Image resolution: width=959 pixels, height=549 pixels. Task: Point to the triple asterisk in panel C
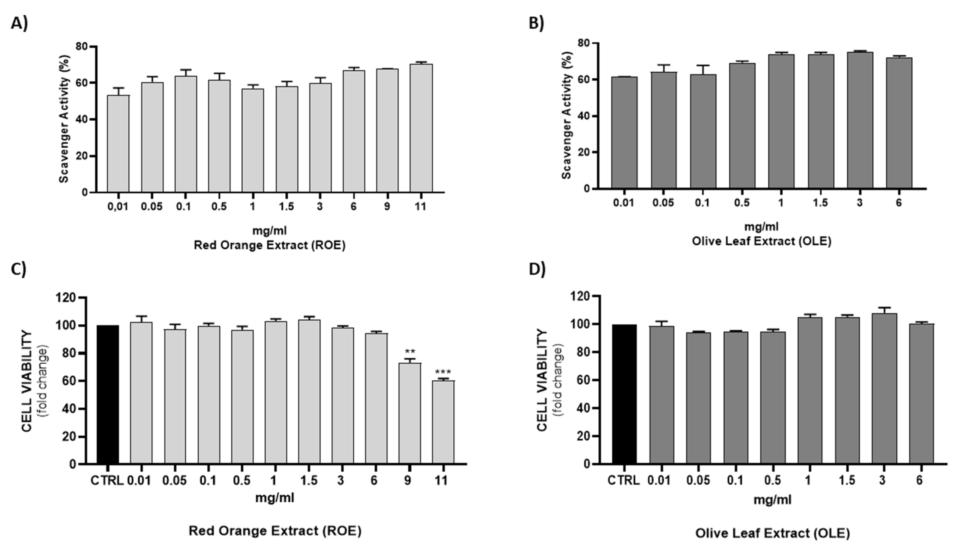click(x=443, y=372)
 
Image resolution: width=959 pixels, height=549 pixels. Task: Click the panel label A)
click(x=19, y=23)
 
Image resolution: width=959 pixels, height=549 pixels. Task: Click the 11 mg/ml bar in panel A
click(x=421, y=128)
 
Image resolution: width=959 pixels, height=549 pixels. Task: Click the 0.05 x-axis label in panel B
click(x=663, y=203)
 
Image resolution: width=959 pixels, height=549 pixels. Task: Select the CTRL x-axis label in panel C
click(x=107, y=481)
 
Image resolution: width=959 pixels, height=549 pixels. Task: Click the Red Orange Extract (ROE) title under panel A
click(x=269, y=245)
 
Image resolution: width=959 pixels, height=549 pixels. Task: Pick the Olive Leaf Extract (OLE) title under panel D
click(x=773, y=533)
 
